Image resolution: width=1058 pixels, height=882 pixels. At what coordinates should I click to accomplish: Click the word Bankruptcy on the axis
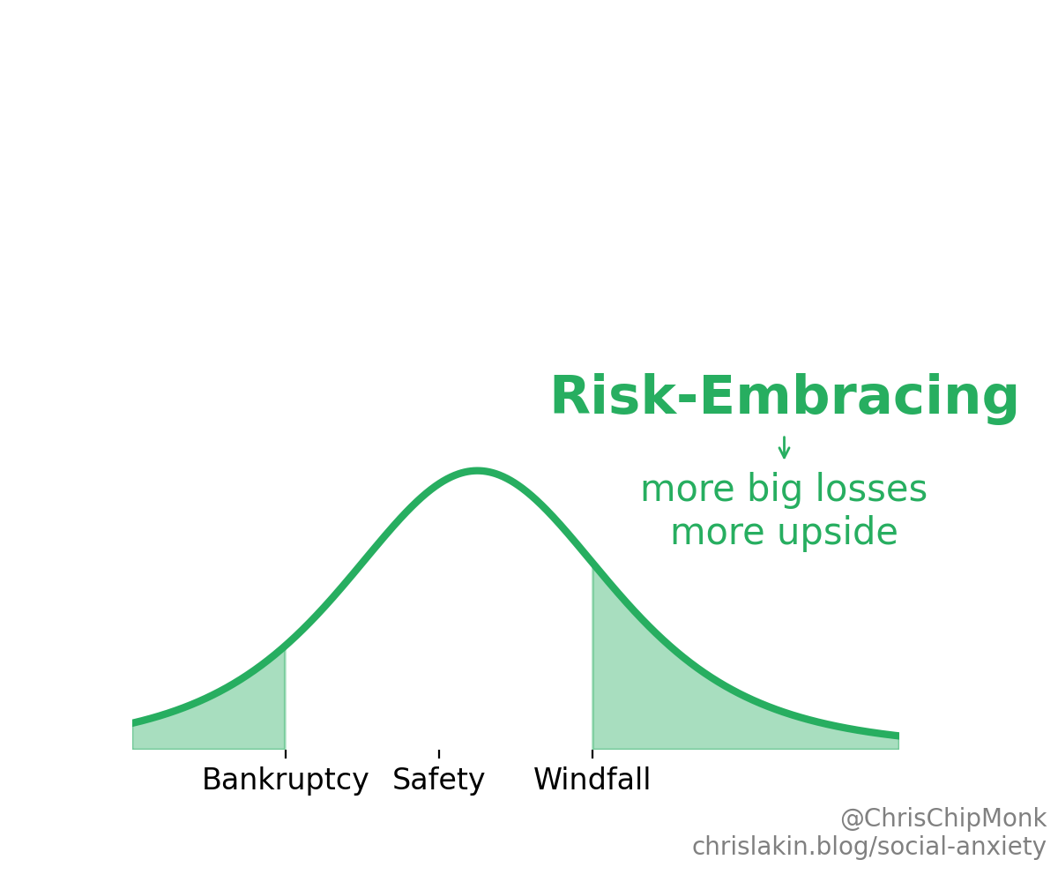[285, 781]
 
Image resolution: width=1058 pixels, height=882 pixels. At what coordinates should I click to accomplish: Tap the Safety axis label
[438, 781]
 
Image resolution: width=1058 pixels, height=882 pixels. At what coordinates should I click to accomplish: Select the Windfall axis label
[592, 781]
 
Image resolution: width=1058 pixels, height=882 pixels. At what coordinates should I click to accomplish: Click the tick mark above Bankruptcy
[286, 753]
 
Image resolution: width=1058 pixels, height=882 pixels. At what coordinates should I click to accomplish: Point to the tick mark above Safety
[439, 753]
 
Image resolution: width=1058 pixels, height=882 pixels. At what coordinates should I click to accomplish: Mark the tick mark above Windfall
[592, 753]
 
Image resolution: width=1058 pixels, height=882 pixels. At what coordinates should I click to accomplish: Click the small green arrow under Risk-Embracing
[784, 448]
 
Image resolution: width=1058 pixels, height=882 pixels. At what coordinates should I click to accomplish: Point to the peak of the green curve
[477, 471]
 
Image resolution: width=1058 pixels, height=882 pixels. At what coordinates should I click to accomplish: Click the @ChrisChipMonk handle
[943, 818]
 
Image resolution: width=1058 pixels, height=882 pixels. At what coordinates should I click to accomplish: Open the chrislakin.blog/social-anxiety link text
[868, 847]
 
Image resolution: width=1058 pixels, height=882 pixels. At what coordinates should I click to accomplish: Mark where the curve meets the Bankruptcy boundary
[285, 648]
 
